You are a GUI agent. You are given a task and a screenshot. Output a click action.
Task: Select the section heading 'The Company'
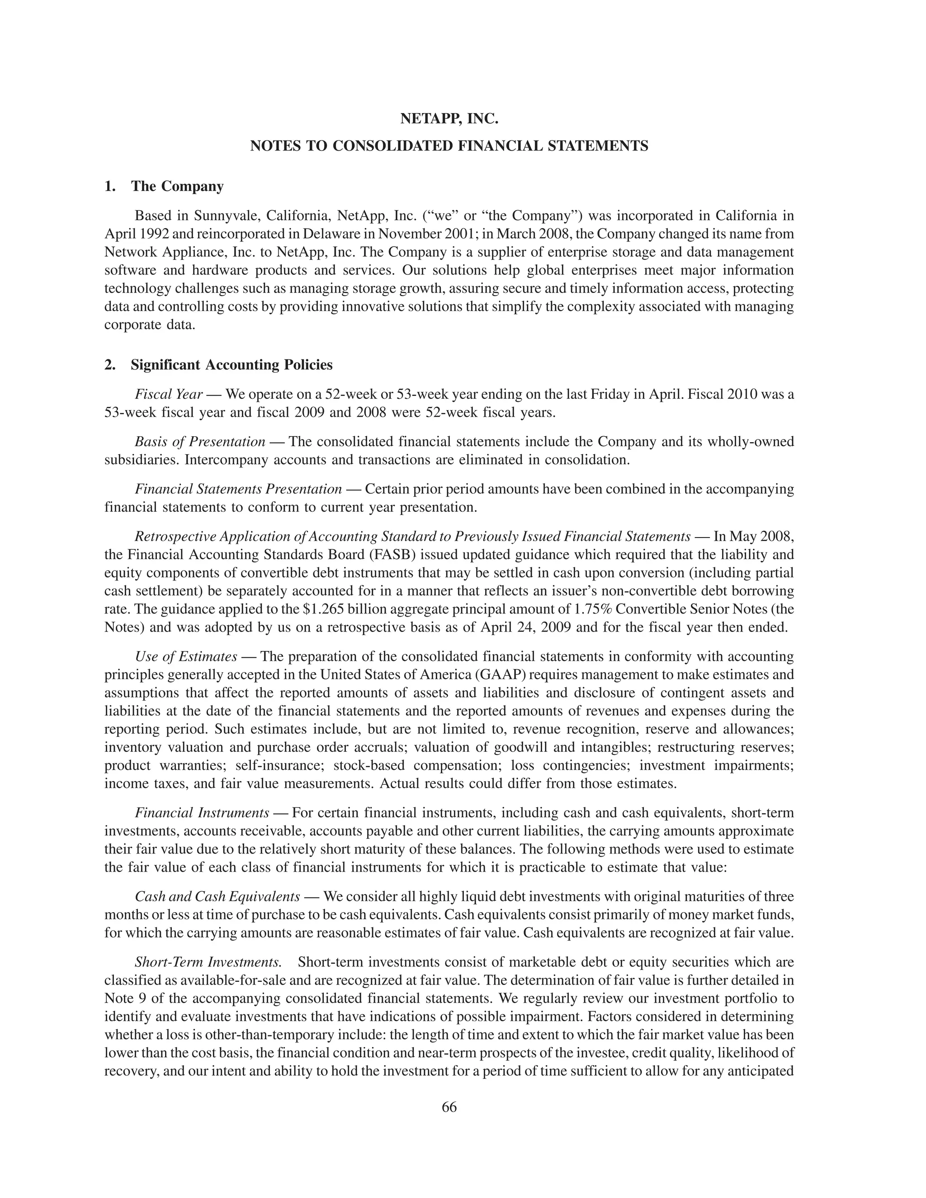177,187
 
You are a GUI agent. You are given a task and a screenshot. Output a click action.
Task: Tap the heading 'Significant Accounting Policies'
231,365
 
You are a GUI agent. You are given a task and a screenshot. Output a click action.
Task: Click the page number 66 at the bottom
449,1107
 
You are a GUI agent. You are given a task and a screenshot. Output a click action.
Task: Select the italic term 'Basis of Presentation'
200,442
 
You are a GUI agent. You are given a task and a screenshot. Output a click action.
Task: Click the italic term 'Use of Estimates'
186,656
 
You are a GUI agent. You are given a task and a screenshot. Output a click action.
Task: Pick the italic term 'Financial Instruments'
202,812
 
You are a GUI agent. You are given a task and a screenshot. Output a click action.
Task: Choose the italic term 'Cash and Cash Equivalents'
217,896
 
